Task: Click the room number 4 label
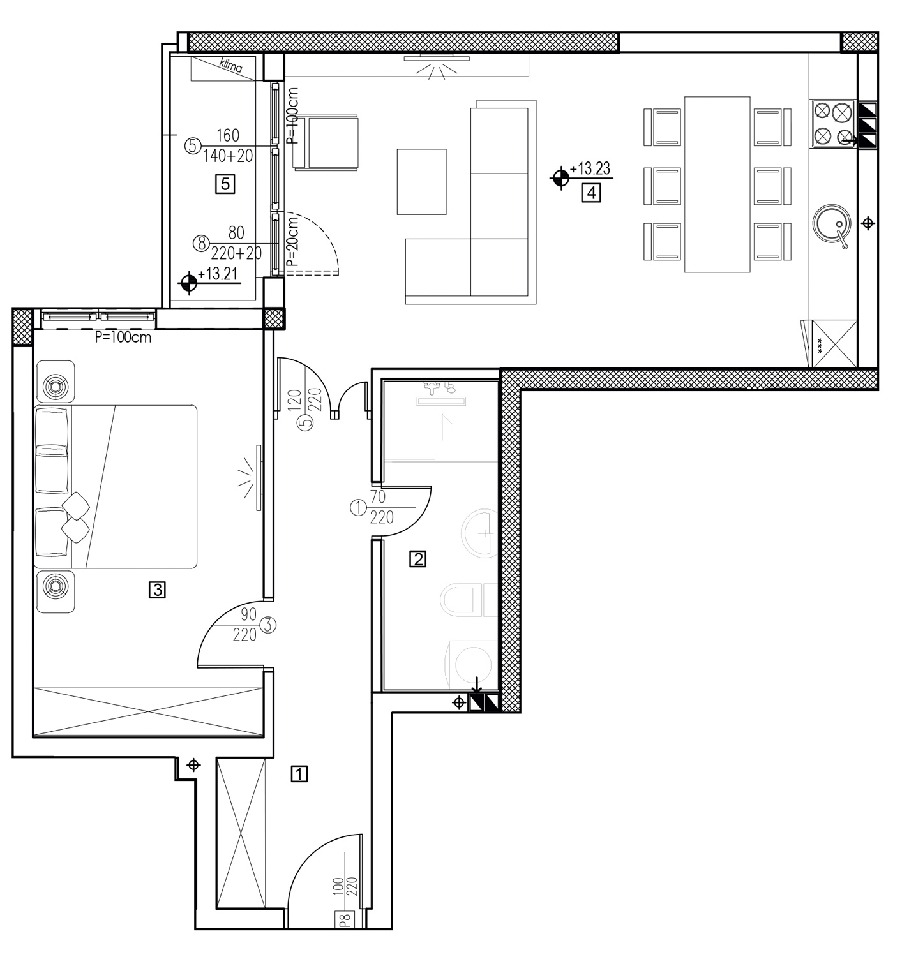point(591,193)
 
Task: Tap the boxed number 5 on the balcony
point(225,184)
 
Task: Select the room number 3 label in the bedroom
point(157,590)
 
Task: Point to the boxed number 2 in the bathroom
point(418,559)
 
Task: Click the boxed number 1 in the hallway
point(299,773)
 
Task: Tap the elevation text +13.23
point(590,168)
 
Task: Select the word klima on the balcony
point(231,64)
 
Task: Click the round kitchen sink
point(832,225)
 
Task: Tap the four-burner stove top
point(832,124)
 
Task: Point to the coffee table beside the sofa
point(421,182)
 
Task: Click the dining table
point(717,184)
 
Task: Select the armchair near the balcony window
point(326,143)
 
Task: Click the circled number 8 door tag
point(202,243)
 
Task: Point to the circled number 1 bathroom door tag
point(358,508)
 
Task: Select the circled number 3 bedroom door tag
point(268,625)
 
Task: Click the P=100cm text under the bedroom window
point(123,337)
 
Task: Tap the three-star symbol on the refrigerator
point(820,345)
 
